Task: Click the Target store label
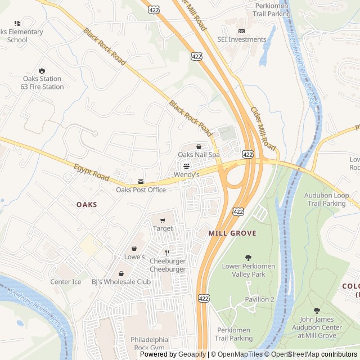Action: tap(163, 229)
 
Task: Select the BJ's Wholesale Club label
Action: tap(121, 282)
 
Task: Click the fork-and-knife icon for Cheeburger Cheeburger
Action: tap(167, 253)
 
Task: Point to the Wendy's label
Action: tap(186, 175)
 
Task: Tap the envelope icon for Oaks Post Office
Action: tap(141, 182)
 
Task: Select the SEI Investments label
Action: tap(242, 39)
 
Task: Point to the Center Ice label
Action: tap(66, 282)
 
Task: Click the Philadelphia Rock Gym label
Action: tap(149, 344)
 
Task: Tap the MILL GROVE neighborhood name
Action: tap(232, 233)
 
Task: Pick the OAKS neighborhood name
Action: tap(87, 205)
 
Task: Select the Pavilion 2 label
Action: tap(259, 299)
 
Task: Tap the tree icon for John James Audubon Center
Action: tap(317, 310)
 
